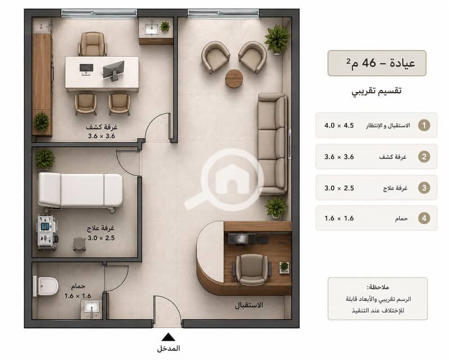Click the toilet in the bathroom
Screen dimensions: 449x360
click(46, 286)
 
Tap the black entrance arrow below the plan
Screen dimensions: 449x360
click(169, 337)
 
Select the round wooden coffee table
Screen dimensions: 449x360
click(234, 79)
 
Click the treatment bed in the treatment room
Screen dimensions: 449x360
click(81, 191)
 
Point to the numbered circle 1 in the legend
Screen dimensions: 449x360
click(424, 125)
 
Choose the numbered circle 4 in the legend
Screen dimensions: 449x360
click(424, 218)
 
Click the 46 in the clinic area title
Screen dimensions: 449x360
click(369, 63)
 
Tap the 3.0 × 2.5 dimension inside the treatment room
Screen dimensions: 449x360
click(101, 238)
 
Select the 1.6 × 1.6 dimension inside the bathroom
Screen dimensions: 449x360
click(78, 296)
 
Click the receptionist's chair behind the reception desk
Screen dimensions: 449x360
click(252, 270)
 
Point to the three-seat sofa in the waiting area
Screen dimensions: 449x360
click(273, 144)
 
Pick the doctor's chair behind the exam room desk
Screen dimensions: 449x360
click(93, 44)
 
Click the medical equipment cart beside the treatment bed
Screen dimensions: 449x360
click(47, 233)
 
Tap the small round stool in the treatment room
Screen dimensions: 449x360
click(79, 244)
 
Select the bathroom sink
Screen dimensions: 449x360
click(92, 309)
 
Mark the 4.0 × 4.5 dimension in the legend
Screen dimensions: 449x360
click(339, 125)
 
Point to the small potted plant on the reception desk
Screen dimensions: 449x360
click(284, 267)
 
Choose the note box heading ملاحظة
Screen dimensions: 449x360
click(378, 287)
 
